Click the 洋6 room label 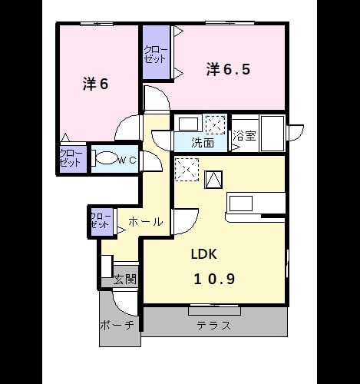point(96,84)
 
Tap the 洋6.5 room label point(228,69)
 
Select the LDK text point(204,254)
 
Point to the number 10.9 point(214,279)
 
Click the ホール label point(146,222)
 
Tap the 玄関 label point(125,280)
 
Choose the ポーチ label point(117,325)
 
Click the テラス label point(214,326)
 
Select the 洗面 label point(203,144)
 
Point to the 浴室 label point(244,136)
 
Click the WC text point(127,161)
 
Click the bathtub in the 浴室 point(272,133)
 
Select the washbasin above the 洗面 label point(189,124)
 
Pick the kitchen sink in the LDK point(241,204)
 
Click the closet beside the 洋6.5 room point(156,52)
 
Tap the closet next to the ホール point(102,222)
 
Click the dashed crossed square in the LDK point(187,170)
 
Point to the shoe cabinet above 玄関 point(107,266)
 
